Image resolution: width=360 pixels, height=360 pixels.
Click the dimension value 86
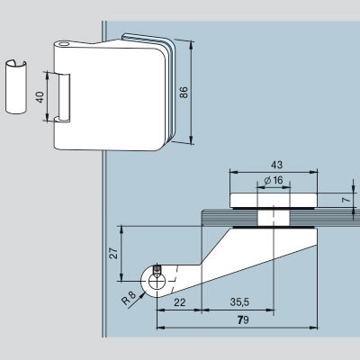pos(184,92)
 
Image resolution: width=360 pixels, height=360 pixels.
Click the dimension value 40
pos(40,97)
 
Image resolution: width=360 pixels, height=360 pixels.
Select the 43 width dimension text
pos(276,165)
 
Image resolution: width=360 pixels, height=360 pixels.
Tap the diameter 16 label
pos(274,180)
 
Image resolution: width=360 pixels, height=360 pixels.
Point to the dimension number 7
pos(346,200)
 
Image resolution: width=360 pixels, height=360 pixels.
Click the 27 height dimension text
pos(113,254)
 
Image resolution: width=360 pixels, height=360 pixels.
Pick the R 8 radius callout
pos(129,299)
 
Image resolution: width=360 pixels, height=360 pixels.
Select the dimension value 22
pos(180,302)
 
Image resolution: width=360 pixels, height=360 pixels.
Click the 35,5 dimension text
pos(239,301)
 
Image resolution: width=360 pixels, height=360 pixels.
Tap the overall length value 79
pos(243,320)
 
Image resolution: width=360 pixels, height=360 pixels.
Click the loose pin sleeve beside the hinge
pos(16,87)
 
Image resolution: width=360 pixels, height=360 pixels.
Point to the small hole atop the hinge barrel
pos(64,44)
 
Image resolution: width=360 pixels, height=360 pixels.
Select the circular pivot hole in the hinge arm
pos(157,282)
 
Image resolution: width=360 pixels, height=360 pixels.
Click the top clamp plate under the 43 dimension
pos(274,201)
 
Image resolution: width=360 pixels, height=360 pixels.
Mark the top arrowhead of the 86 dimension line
pos(191,44)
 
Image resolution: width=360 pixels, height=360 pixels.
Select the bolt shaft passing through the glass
pos(274,218)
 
